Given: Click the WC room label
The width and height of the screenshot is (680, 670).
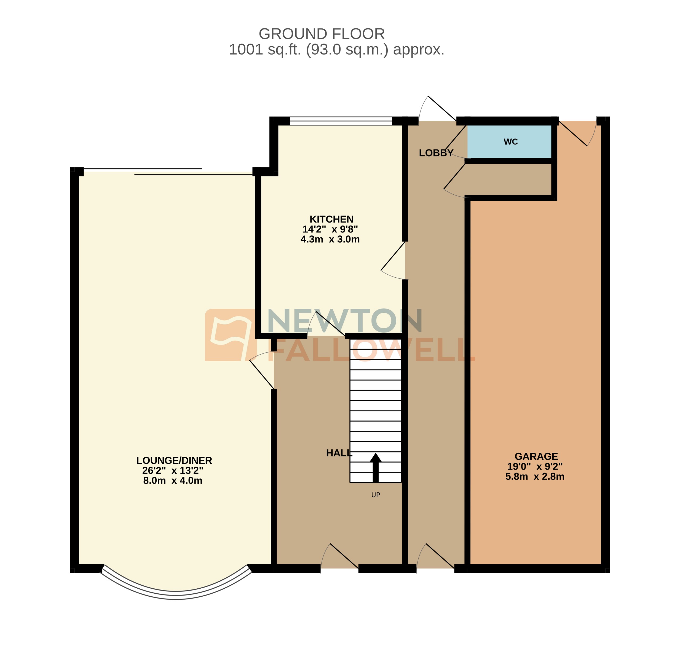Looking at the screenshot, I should coord(510,142).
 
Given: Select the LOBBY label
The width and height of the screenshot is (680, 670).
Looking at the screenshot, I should coord(436,153).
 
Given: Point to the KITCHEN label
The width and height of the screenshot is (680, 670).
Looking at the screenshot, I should coord(331,219).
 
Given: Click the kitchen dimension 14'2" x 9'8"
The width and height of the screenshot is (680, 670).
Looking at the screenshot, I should coord(330,229).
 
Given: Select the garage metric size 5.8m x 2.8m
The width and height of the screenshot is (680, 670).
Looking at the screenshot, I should coord(534,477).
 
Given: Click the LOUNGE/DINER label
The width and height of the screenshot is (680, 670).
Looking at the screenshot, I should coord(174,460).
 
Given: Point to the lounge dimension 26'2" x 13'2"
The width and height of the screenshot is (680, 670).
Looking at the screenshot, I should coord(173,471).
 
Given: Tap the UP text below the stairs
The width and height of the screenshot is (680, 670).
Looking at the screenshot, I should coord(375,495).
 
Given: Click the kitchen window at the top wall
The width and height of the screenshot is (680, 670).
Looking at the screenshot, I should coord(340,121).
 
